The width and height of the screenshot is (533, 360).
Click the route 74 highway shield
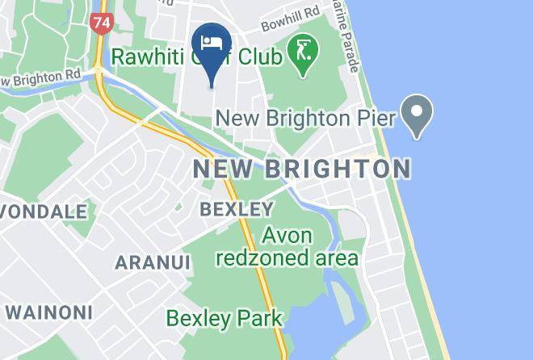101,23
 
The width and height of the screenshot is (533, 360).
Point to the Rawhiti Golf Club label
196,58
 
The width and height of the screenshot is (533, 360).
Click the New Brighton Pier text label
305,119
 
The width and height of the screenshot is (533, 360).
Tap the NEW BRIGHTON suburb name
302,170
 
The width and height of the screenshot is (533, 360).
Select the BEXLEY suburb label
237,209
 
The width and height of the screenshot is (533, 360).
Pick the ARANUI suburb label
153,263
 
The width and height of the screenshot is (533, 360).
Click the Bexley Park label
224,318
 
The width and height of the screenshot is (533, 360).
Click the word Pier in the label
375,119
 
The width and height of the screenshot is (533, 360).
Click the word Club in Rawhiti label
259,58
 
